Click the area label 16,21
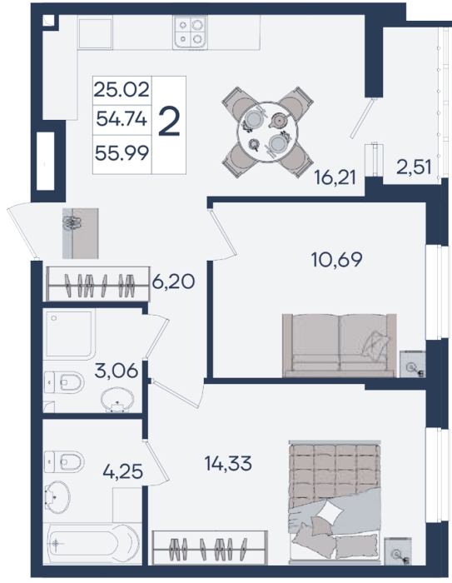335,177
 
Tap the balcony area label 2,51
414,167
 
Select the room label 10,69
337,260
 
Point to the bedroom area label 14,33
228,463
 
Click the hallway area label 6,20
173,282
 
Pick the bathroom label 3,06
117,371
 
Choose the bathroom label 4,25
122,471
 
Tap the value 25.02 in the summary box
122,90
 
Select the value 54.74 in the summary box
122,119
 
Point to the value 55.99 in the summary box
122,152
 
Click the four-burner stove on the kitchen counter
190,32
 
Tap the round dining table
268,132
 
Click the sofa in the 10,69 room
339,346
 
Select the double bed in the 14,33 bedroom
335,501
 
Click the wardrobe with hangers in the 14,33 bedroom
210,548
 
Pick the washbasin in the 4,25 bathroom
57,497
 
